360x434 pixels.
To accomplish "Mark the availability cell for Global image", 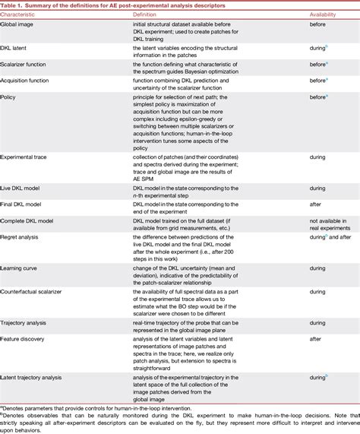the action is [319, 26].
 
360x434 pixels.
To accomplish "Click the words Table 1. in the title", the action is [15, 5].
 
